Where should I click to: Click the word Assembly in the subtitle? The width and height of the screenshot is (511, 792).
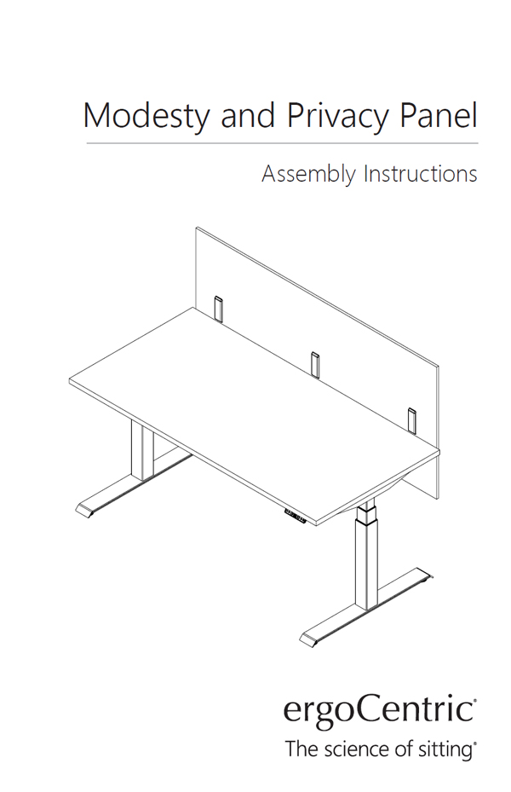pos(308,175)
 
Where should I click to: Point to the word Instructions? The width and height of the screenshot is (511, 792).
pos(421,174)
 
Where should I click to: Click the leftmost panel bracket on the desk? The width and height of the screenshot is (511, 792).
pos(218,309)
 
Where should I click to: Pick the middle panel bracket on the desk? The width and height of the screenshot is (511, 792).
pos(315,364)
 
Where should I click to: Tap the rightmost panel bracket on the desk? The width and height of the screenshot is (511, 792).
pos(412,419)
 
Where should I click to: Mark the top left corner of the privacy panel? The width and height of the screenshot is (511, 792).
pos(197,228)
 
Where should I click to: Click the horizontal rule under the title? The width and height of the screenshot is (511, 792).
pos(282,143)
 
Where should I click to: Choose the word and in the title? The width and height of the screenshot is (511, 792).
pos(248,115)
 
